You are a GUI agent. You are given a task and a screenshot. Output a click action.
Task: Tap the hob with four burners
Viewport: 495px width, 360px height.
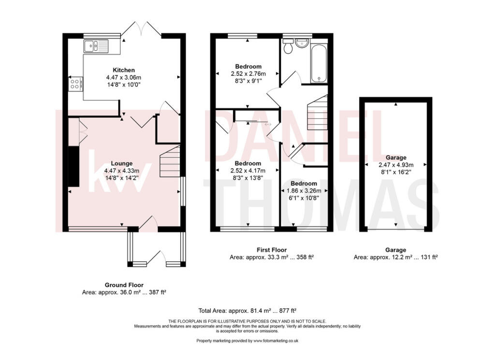click(75, 84)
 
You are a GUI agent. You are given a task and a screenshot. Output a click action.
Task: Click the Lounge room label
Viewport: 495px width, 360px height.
click(121, 163)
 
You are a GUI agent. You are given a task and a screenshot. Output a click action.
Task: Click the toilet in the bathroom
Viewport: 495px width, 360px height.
click(288, 47)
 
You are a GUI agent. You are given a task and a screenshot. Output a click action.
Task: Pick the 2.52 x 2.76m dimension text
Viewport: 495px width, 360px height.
click(248, 74)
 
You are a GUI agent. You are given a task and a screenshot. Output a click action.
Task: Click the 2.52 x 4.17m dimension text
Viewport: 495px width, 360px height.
click(248, 171)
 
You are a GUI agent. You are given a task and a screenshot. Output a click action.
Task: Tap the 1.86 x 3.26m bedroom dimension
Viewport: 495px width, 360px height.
click(304, 190)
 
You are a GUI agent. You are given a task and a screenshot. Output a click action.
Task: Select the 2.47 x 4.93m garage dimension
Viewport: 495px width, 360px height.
click(396, 165)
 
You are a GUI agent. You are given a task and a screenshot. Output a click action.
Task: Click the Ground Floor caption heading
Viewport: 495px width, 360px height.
click(124, 285)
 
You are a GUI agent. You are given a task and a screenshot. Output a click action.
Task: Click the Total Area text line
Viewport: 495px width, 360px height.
click(247, 310)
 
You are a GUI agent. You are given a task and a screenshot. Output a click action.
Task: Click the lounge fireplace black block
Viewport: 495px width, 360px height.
click(73, 166)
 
